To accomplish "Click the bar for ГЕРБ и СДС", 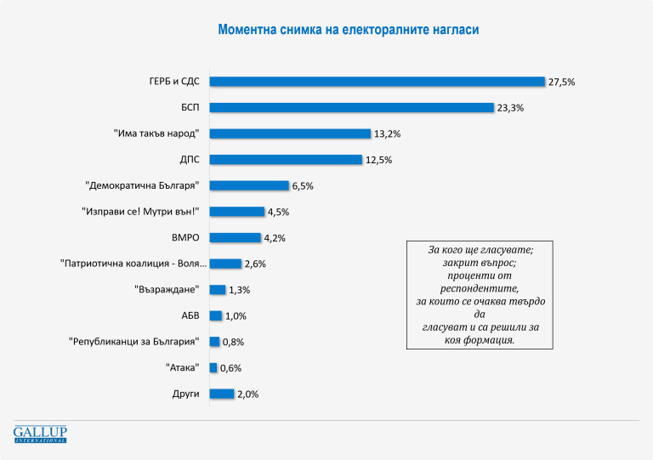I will [x=377, y=82].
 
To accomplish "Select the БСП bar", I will [x=351, y=108].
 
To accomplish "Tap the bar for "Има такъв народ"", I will [x=290, y=133].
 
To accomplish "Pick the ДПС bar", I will [x=286, y=160].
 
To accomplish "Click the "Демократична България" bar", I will [x=249, y=185].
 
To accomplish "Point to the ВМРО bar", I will [x=235, y=237].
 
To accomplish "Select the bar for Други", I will [x=221, y=394].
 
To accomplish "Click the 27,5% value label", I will [x=562, y=82].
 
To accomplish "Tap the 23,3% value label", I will [x=512, y=108].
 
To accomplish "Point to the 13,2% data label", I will [x=389, y=134].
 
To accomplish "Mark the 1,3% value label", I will [x=239, y=290].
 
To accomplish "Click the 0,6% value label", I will [x=231, y=368].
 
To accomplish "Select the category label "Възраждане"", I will [x=167, y=290].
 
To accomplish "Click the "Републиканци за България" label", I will [x=134, y=342].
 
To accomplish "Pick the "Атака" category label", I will [x=181, y=367].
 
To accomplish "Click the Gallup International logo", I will [x=40, y=434].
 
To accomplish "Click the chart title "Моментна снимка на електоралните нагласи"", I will [x=349, y=30].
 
